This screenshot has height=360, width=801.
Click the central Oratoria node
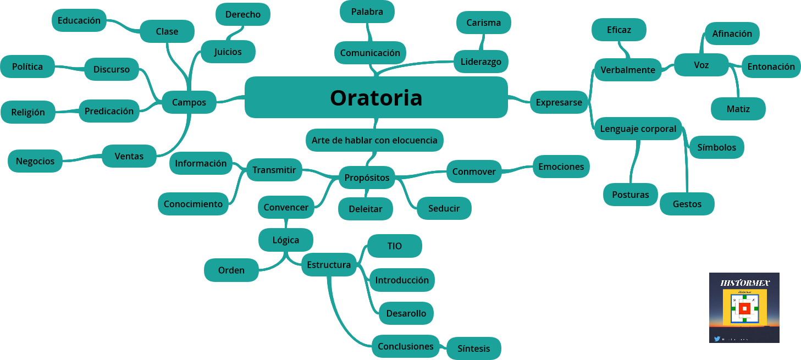(376, 97)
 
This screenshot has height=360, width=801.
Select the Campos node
(189, 102)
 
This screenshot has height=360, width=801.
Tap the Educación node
(79, 20)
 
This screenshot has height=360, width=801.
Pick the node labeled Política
(27, 67)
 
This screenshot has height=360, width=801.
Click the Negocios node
(35, 161)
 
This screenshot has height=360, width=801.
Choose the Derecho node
(242, 14)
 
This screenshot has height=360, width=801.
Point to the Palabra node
(367, 12)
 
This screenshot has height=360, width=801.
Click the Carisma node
(483, 23)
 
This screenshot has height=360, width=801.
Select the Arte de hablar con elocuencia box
(374, 140)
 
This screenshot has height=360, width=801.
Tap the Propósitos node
(367, 178)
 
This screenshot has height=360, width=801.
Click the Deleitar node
(365, 209)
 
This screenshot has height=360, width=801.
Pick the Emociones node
(561, 167)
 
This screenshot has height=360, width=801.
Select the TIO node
(394, 246)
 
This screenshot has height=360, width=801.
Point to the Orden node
(231, 270)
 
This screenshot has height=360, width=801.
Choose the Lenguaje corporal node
(638, 129)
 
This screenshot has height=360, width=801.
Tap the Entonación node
(771, 67)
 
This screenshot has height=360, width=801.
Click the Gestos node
(687, 204)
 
